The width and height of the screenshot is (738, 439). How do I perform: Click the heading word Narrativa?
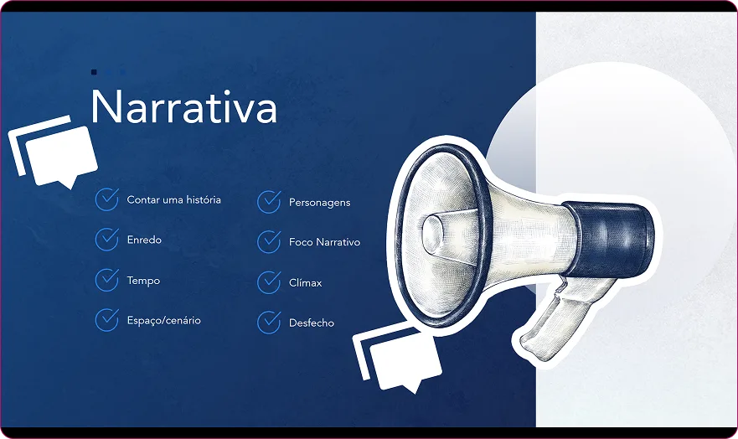[x=183, y=106]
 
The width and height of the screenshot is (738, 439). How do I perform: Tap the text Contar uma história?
[x=173, y=200]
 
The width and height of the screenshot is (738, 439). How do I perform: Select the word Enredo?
[x=144, y=240]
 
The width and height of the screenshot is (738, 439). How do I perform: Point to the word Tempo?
[x=143, y=281]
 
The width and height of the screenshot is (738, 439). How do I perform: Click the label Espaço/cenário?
[x=163, y=320]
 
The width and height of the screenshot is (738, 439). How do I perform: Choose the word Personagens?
[x=319, y=202]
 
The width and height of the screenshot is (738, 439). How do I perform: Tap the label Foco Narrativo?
[x=324, y=242]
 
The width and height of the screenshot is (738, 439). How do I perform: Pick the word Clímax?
[x=305, y=283]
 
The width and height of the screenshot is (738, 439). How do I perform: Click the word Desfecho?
[x=311, y=323]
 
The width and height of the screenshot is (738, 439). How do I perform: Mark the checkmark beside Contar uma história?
[x=106, y=199]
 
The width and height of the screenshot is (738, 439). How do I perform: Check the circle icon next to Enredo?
[x=106, y=240]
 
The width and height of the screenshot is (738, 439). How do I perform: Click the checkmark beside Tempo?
[x=106, y=280]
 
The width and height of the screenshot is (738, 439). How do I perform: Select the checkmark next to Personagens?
[x=269, y=202]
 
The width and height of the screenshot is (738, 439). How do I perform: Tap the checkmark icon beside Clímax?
[x=269, y=282]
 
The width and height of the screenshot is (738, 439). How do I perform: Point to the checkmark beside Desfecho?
[x=269, y=323]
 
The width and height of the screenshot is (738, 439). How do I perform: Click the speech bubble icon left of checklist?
[x=54, y=153]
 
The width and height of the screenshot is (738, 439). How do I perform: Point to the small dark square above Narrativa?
[x=95, y=73]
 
